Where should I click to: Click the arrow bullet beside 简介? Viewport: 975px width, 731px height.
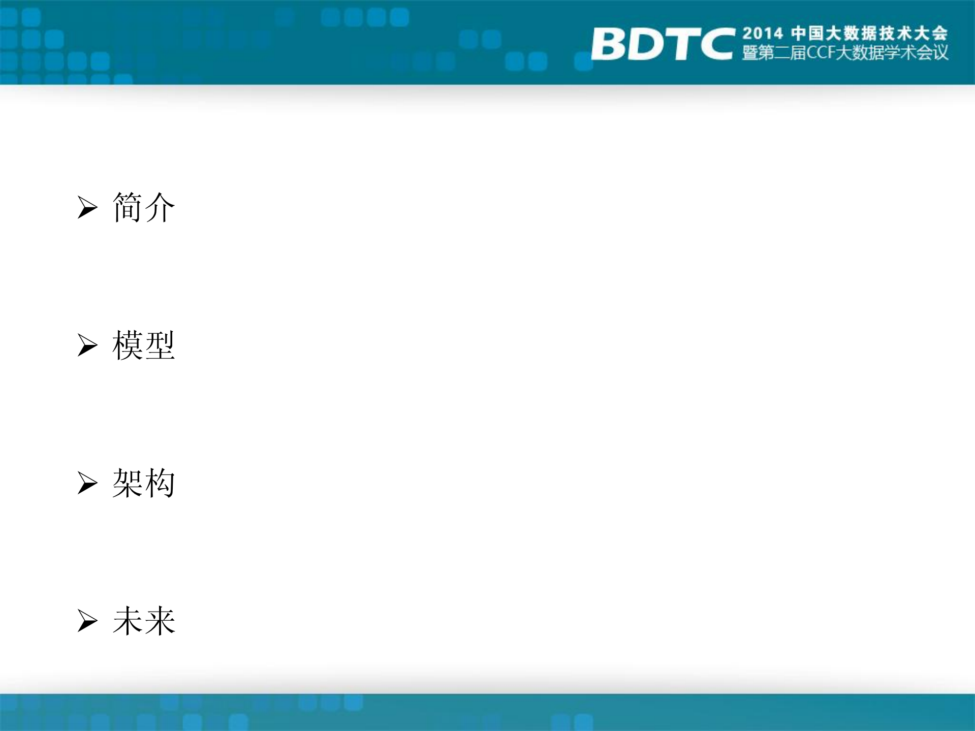click(x=87, y=207)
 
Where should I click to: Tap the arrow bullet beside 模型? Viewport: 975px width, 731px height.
click(x=87, y=345)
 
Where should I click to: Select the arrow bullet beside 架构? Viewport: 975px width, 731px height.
click(x=87, y=483)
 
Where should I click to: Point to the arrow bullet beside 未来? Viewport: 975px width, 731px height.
click(x=87, y=621)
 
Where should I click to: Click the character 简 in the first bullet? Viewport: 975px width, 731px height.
click(x=127, y=207)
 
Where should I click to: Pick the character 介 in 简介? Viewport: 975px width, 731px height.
click(x=160, y=207)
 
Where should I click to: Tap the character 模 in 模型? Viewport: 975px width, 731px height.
click(x=127, y=345)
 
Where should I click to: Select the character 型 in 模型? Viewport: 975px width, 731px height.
click(x=160, y=345)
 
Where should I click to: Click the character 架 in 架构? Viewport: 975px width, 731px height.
click(x=127, y=483)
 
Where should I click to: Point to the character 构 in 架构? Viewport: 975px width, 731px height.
click(x=160, y=483)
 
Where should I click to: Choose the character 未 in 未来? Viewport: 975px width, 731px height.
click(x=127, y=621)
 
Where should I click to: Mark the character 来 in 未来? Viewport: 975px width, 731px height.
click(x=160, y=621)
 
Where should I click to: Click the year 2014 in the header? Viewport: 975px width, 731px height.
click(x=762, y=34)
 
